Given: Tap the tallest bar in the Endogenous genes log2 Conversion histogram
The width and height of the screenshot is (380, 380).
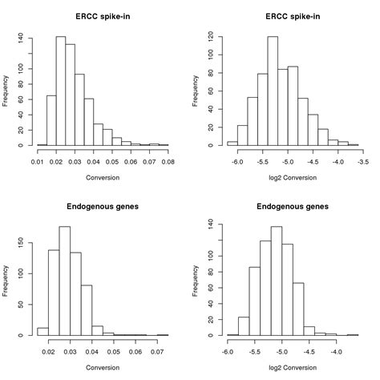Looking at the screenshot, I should point(277,281).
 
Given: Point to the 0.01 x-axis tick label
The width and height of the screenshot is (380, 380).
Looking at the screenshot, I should point(37,163).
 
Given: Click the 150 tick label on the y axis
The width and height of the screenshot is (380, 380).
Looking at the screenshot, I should point(23,240).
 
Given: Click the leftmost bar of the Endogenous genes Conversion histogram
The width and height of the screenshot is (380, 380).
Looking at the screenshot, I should point(42,331).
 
